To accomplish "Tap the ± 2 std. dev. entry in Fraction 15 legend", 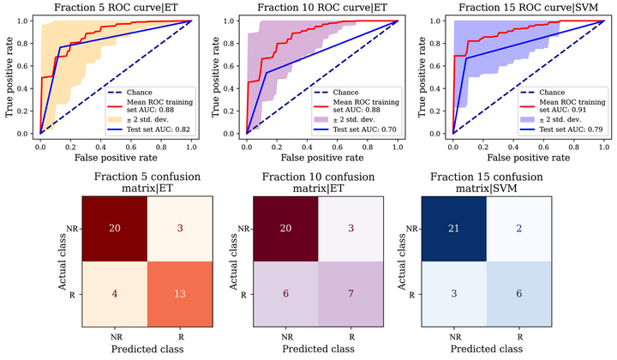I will (x=562, y=119).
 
